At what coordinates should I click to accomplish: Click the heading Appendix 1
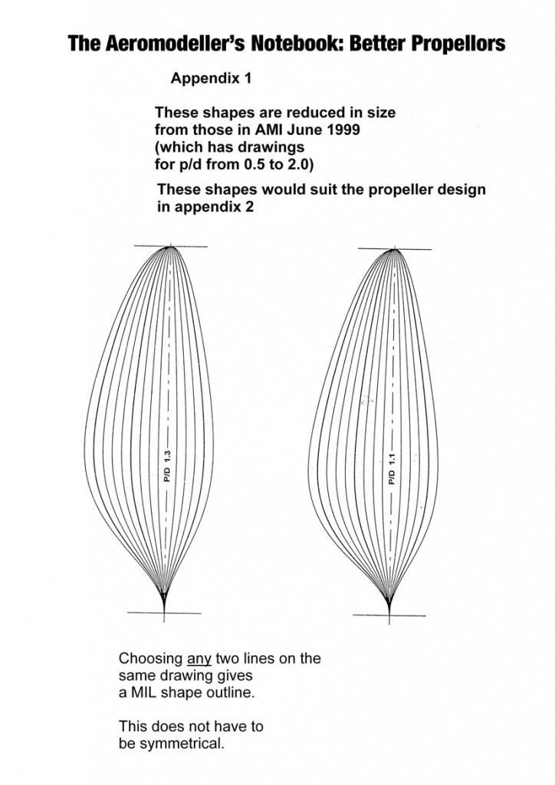pyautogui.click(x=211, y=78)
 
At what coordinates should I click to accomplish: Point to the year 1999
pyautogui.click(x=343, y=130)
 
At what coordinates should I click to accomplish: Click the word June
pyautogui.click(x=305, y=130)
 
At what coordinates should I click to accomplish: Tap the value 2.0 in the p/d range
pyautogui.click(x=299, y=164)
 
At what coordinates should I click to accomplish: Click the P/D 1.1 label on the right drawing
pyautogui.click(x=392, y=469)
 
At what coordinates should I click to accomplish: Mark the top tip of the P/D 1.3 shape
pyautogui.click(x=171, y=246)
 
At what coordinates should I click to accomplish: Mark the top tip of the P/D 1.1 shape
pyautogui.click(x=394, y=249)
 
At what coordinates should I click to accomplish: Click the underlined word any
pyautogui.click(x=199, y=659)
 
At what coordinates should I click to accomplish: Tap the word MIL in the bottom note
pyautogui.click(x=145, y=693)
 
